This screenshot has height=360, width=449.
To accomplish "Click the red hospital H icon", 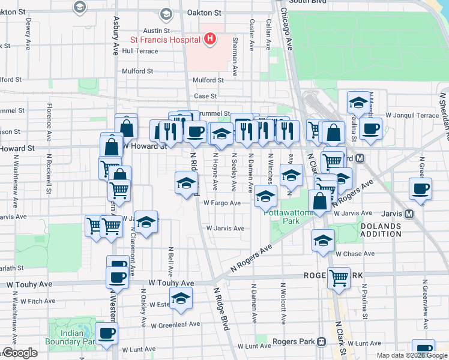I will (x=209, y=40).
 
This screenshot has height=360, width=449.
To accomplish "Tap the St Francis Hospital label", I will (x=165, y=40).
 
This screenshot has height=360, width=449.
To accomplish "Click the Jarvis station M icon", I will (x=409, y=213).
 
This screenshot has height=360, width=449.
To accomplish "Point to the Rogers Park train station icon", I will (x=322, y=342).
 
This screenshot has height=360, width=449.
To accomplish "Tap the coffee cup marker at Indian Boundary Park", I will (x=107, y=334).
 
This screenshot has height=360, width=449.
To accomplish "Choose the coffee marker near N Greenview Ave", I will (x=421, y=189).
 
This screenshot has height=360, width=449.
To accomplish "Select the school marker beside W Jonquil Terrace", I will (x=358, y=103).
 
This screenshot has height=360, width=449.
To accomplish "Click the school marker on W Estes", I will (x=181, y=298).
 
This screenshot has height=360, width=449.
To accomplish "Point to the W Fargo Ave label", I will (x=222, y=203).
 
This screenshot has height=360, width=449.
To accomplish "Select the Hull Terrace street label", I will (x=140, y=51).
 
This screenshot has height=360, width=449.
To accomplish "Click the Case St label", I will (x=205, y=96).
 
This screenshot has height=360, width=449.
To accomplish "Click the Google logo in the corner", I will (x=20, y=353).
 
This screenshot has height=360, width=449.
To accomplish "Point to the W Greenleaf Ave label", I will (x=175, y=325).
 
